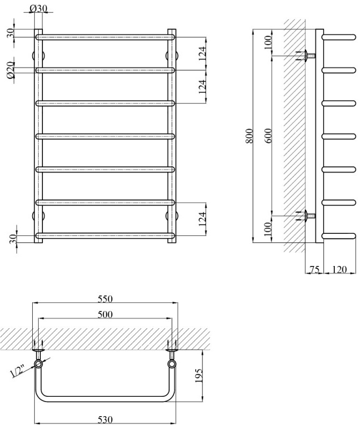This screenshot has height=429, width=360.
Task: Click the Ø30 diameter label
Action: coord(39,8)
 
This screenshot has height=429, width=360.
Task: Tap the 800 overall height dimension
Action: coord(247,136)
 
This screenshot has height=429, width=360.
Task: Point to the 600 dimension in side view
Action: coord(268,136)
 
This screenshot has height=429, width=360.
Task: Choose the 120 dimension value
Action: coord(339,270)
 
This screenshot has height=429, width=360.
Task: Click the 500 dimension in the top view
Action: coord(105,314)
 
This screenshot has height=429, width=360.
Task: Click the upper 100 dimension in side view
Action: coord(268,41)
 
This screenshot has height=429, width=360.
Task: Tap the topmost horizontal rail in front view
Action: coord(105,37)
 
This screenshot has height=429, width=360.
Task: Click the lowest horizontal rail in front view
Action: coord(105,235)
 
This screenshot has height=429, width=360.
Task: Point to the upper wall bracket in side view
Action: coord(307,56)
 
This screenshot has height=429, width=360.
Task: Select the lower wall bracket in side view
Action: coord(307,216)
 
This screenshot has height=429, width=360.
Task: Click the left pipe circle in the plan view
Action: coord(39,365)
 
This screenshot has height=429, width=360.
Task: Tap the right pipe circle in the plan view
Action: coord(172,365)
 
